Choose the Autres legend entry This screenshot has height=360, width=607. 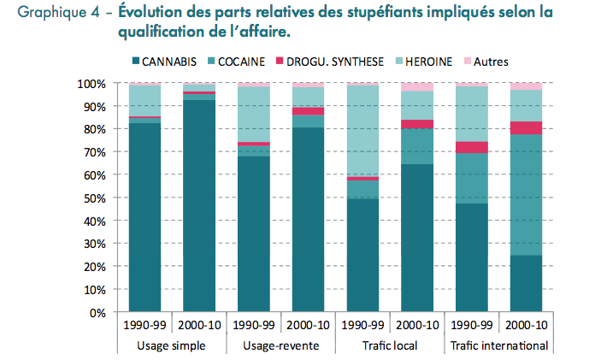point(492,62)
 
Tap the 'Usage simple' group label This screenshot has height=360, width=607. point(170,345)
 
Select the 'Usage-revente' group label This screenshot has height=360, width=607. point(280,345)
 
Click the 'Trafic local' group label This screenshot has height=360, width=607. point(390,345)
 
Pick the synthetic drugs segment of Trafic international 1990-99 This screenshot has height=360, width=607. point(472,147)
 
